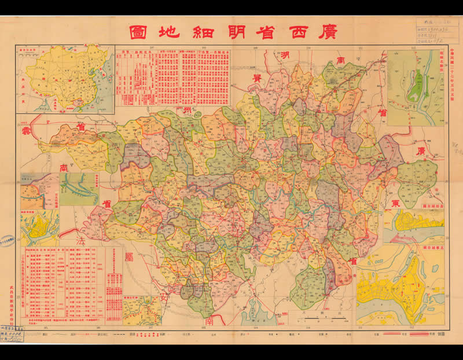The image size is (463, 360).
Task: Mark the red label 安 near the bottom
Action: point(164,300)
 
